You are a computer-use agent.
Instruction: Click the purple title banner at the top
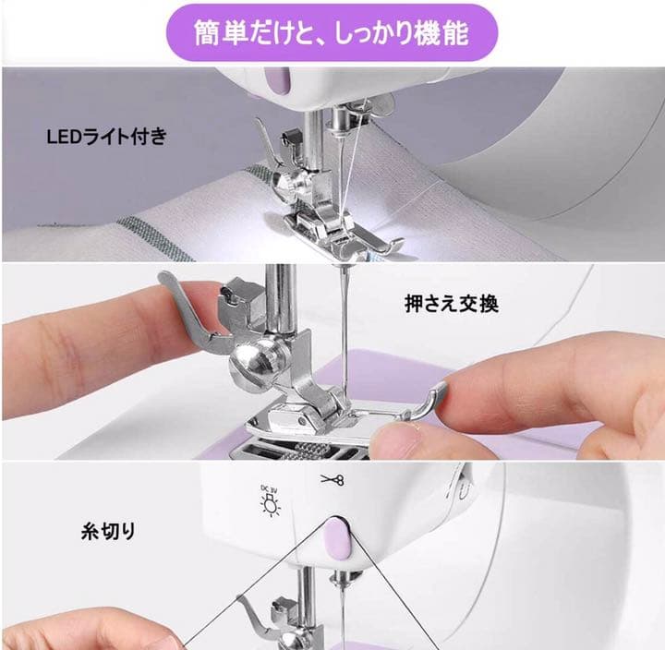pyautogui.click(x=332, y=34)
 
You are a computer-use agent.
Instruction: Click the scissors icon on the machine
pyautogui.click(x=331, y=479)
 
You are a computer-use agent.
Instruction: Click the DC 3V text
pyautogui.click(x=268, y=485)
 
